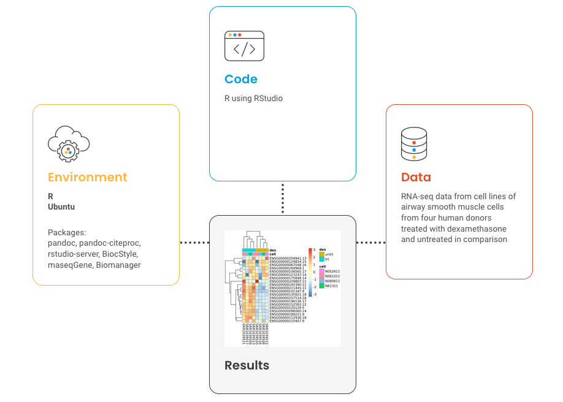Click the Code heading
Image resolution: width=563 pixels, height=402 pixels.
[240, 79]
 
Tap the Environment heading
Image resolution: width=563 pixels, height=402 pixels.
[87, 177]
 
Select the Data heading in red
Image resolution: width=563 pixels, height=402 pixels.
[416, 177]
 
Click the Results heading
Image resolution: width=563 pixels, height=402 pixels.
[247, 365]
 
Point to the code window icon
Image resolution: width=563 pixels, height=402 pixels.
[244, 46]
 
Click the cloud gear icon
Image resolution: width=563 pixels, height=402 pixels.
[68, 143]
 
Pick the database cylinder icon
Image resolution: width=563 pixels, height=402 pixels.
[414, 143]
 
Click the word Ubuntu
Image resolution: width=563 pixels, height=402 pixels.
[61, 207]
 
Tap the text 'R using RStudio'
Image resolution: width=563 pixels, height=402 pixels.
[253, 98]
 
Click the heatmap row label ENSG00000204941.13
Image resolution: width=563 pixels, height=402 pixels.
[288, 259]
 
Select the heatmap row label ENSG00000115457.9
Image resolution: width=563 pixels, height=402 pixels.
[286, 321]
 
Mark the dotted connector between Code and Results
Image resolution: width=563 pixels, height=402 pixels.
[283, 198]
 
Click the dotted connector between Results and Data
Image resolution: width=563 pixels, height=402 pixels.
[370, 243]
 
